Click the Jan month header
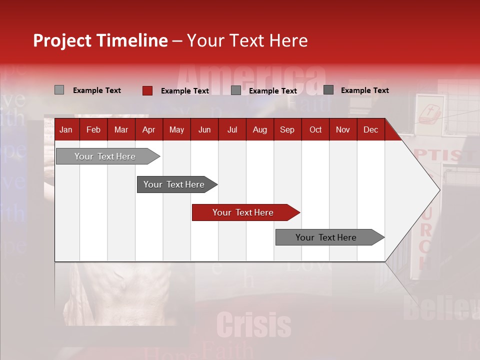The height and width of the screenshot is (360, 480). pyautogui.click(x=66, y=130)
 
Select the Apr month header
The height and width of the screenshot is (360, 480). pyautogui.click(x=148, y=130)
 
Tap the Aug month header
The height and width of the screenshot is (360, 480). pyautogui.click(x=259, y=130)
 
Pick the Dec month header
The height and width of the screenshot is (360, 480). pyautogui.click(x=370, y=130)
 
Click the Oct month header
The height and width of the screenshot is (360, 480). pyautogui.click(x=315, y=130)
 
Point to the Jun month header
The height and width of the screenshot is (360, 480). pyautogui.click(x=204, y=130)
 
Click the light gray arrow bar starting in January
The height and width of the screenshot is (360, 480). pyautogui.click(x=105, y=156)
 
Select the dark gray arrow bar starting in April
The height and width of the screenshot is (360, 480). pyautogui.click(x=174, y=184)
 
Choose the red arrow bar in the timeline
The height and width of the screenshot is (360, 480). pyautogui.click(x=243, y=212)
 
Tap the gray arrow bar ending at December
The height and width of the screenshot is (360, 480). pyautogui.click(x=326, y=237)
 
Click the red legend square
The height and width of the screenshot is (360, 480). pyautogui.click(x=147, y=90)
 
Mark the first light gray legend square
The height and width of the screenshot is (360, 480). pyautogui.click(x=59, y=90)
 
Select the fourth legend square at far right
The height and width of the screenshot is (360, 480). pyautogui.click(x=328, y=90)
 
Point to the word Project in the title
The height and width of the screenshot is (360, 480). pyautogui.click(x=62, y=40)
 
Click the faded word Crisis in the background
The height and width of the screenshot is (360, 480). pyautogui.click(x=254, y=325)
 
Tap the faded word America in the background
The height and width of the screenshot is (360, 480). pyautogui.click(x=250, y=80)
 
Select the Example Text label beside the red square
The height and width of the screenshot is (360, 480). pyautogui.click(x=184, y=91)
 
